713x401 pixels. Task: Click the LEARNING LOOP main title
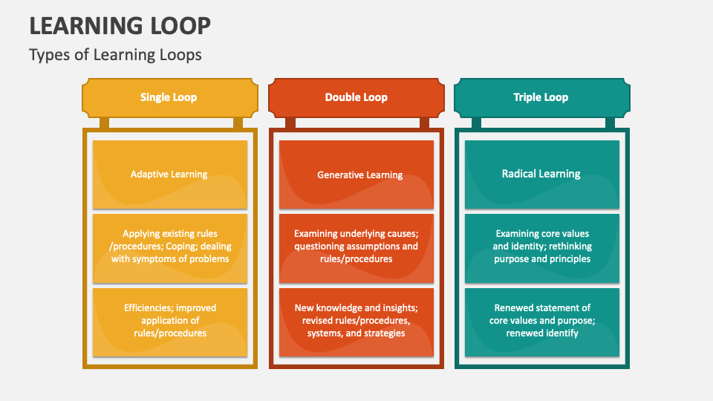(120, 26)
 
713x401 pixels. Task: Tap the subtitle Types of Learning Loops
(115, 54)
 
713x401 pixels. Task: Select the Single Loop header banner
(169, 97)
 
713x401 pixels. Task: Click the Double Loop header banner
(356, 97)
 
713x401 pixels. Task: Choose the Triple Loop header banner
(541, 97)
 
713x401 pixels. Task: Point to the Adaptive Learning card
(169, 175)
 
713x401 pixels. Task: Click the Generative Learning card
(356, 175)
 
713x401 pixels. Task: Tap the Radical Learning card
(541, 175)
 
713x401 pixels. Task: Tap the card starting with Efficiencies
(169, 322)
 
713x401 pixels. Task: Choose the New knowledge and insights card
(356, 322)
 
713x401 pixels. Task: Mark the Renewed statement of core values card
(541, 322)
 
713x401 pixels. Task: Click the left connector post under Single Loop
(104, 123)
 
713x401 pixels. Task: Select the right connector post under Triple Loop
(610, 123)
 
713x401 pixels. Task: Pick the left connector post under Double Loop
(290, 123)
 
